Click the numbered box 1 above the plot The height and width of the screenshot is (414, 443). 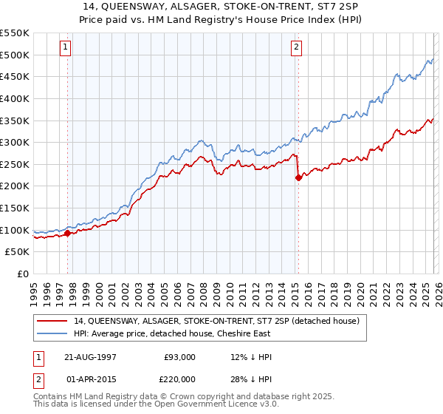66,47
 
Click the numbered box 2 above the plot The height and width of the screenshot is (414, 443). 296,47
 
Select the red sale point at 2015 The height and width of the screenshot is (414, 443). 298,177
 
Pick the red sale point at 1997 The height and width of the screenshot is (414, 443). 68,233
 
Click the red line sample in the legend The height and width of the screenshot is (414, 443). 54,321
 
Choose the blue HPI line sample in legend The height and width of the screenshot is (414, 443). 54,333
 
